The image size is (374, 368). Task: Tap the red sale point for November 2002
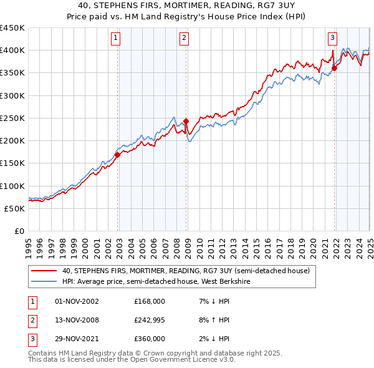[118, 155]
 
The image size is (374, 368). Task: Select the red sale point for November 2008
[186, 121]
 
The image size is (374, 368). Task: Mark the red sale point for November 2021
[334, 68]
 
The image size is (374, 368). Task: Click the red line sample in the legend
[43, 271]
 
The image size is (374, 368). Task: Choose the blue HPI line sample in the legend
[43, 282]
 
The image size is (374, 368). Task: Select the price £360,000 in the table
[150, 339]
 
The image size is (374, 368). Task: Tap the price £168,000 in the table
[150, 301]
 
